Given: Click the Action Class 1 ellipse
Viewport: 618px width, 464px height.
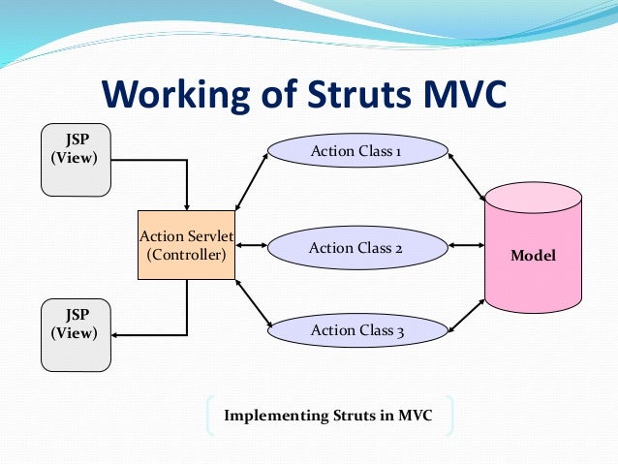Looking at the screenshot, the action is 357,151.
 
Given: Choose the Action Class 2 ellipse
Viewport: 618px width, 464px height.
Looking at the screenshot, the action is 355,248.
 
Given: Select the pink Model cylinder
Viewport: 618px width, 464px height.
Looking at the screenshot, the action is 533,256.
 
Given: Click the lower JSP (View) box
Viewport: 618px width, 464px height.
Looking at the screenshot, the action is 75,334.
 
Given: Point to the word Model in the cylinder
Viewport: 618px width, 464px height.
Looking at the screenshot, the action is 533,256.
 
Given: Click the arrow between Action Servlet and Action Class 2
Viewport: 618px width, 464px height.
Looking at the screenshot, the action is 250,246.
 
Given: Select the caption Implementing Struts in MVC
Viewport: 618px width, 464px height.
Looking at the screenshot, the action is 328,416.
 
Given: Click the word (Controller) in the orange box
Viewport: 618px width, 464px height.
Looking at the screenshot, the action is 186,256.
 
